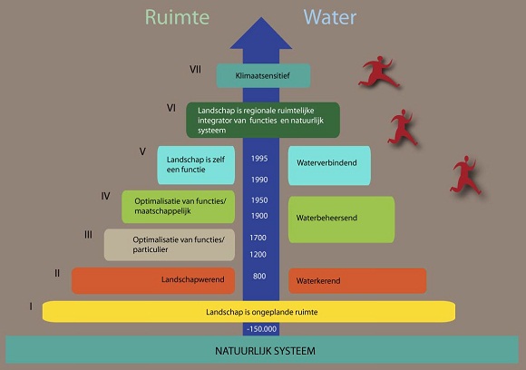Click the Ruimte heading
pyautogui.click(x=177, y=17)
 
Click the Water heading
pyautogui.click(x=330, y=17)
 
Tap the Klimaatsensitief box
pyautogui.click(x=263, y=76)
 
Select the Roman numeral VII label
pyautogui.click(x=195, y=70)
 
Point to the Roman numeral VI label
pyautogui.click(x=171, y=108)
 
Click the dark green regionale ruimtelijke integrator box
pyautogui.click(x=263, y=120)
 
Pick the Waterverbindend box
pyautogui.click(x=329, y=165)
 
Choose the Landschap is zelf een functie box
pyautogui.click(x=196, y=165)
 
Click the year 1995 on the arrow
pyautogui.click(x=259, y=159)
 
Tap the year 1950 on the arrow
pyautogui.click(x=259, y=200)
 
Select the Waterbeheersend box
pyautogui.click(x=341, y=219)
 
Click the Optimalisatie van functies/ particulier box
pyautogui.click(x=170, y=245)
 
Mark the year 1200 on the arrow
pyautogui.click(x=258, y=255)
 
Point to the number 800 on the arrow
pyautogui.click(x=259, y=276)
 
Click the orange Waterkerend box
pyautogui.click(x=357, y=281)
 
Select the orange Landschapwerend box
pyautogui.click(x=153, y=280)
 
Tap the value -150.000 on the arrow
pyautogui.click(x=261, y=329)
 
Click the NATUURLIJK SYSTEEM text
pyautogui.click(x=265, y=351)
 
